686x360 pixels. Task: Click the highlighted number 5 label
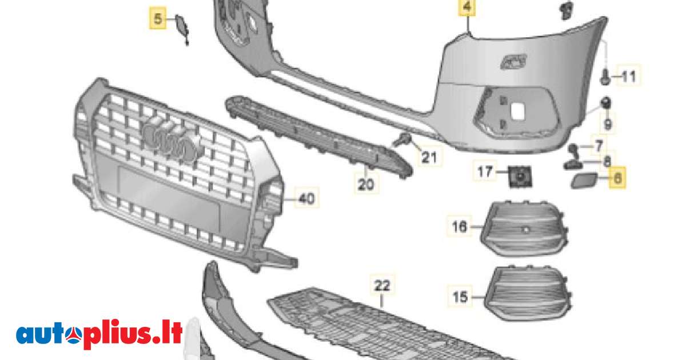click(156, 19)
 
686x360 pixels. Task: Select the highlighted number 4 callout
click(468, 8)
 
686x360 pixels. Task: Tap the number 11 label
click(628, 76)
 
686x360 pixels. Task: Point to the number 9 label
click(608, 123)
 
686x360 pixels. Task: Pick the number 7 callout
click(599, 146)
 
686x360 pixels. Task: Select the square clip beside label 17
click(519, 175)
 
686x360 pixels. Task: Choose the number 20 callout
click(366, 184)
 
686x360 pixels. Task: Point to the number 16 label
click(460, 227)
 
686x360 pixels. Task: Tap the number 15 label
click(460, 297)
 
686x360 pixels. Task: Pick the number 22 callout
click(382, 284)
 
